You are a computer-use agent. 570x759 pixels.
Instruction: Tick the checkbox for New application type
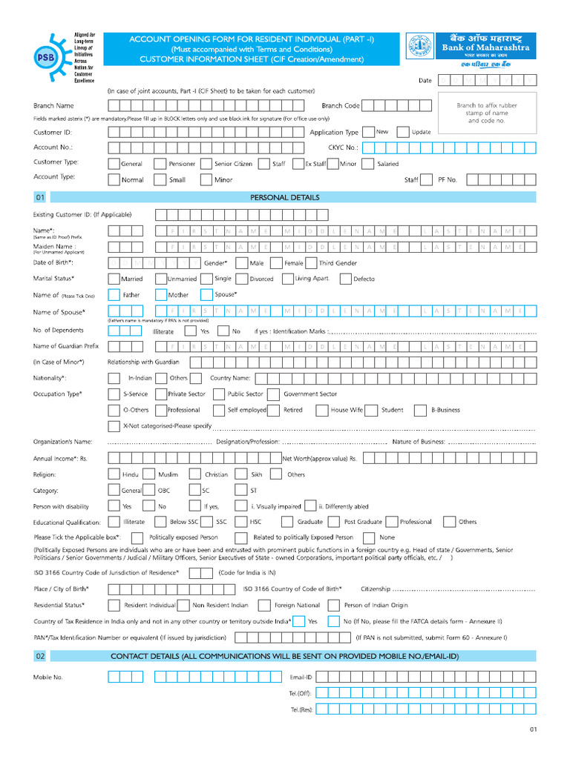click(x=369, y=132)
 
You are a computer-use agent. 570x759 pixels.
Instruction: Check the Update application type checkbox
click(x=403, y=132)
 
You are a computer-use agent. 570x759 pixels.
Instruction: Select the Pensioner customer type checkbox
click(x=160, y=164)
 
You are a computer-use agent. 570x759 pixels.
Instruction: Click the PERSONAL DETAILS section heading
click(x=285, y=198)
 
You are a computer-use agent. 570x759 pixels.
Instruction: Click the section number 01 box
click(x=40, y=198)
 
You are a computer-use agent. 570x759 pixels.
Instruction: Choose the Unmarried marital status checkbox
click(x=160, y=279)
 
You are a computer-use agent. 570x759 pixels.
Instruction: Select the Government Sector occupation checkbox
click(x=273, y=394)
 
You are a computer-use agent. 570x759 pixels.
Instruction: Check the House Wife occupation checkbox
click(x=321, y=410)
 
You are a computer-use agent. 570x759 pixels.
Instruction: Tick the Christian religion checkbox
click(x=195, y=474)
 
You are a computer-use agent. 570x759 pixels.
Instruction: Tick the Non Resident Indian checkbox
click(x=184, y=605)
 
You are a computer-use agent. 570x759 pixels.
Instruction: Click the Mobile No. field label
click(x=48, y=677)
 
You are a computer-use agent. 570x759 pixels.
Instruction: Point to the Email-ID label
click(x=301, y=677)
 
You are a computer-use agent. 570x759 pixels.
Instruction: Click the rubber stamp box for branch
click(x=486, y=113)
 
